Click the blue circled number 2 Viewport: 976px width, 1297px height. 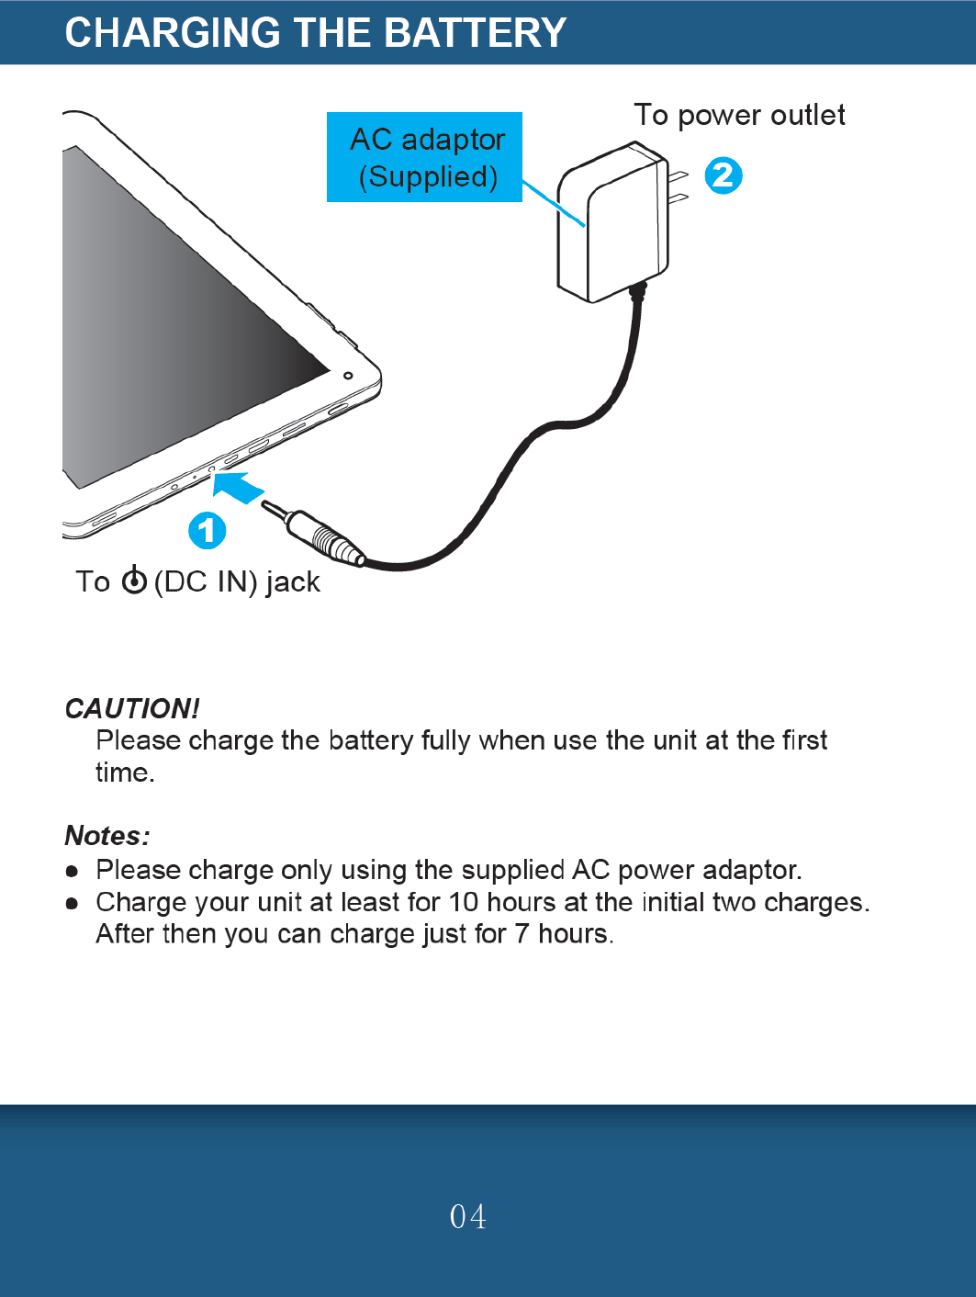point(724,175)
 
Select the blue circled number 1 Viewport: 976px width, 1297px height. point(208,530)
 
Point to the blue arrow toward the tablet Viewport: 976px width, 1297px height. point(240,487)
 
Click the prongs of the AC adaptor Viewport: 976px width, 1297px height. point(679,186)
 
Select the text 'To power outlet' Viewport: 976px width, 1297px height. point(739,115)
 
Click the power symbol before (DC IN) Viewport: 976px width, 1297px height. point(134,580)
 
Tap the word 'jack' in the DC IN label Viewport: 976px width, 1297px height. point(293,581)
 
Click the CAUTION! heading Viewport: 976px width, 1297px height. point(132,708)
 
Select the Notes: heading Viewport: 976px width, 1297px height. point(107,835)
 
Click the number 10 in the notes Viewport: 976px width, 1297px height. point(464,902)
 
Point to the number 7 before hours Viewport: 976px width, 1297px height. point(522,934)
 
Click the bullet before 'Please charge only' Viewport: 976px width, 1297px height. point(73,870)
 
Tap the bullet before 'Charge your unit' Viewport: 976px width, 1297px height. point(73,903)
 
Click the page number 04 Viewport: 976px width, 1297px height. point(468,1216)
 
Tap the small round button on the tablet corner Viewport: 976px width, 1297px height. point(348,376)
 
